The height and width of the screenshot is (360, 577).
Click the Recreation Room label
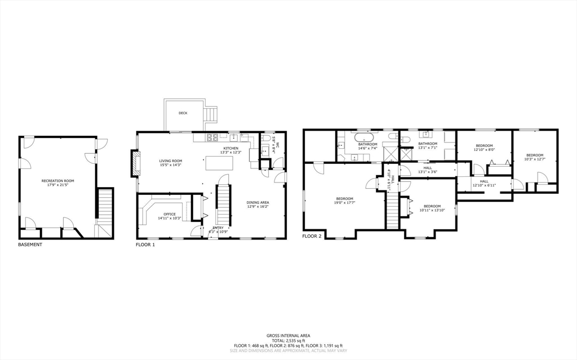(57, 181)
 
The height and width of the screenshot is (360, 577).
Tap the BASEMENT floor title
(30, 245)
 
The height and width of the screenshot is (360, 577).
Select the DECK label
(183, 113)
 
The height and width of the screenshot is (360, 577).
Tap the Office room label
(170, 214)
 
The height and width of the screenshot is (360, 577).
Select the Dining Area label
(258, 202)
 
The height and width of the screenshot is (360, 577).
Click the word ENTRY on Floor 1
(218, 228)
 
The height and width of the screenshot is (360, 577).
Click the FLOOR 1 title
(145, 245)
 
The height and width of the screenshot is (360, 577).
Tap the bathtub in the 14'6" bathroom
(364, 137)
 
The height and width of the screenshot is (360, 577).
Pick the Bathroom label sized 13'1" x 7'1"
(428, 144)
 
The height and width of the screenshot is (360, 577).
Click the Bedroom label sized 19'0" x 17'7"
(344, 198)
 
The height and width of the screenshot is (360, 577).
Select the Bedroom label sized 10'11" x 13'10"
(432, 206)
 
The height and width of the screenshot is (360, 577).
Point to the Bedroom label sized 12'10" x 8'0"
(484, 146)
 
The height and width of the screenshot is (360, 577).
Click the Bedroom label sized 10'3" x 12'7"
(535, 155)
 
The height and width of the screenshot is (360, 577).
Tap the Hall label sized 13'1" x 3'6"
(427, 168)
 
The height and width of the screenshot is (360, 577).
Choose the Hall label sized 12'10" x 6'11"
(484, 181)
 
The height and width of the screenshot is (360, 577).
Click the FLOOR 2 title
(312, 236)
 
